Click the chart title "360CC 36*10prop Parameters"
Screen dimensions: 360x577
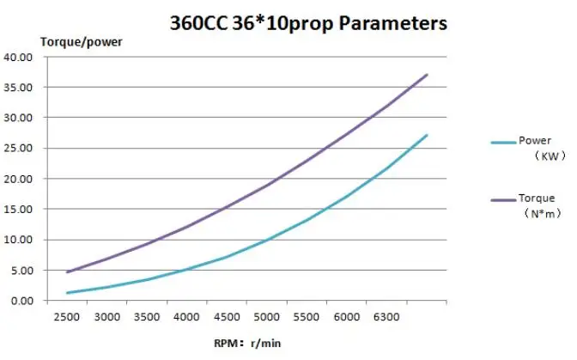(x=307, y=23)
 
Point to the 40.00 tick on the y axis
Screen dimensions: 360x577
(x=19, y=58)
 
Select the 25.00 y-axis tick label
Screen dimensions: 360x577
(x=19, y=149)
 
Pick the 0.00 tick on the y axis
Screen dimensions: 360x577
(x=21, y=301)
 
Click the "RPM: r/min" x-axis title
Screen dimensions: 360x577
(x=248, y=343)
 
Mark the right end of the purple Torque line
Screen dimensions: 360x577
(x=427, y=75)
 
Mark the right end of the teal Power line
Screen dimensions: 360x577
(x=427, y=135)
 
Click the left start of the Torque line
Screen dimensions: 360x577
(x=67, y=272)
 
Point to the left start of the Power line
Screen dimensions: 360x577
(x=67, y=293)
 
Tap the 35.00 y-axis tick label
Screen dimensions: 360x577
(x=19, y=88)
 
